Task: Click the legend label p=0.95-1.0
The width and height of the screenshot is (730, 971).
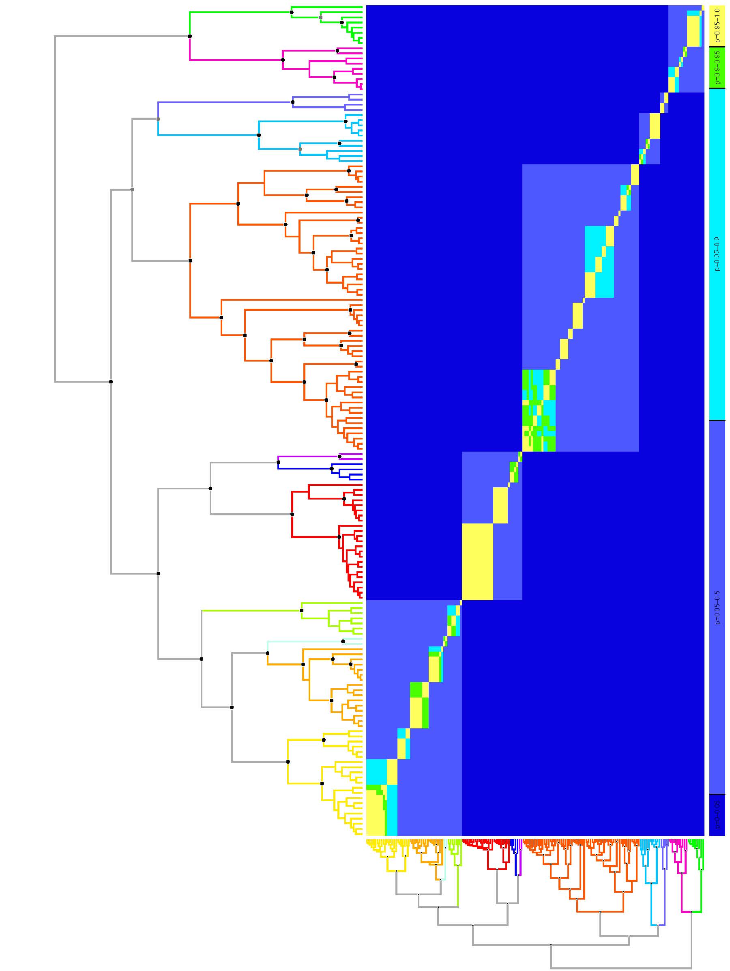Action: pyautogui.click(x=717, y=26)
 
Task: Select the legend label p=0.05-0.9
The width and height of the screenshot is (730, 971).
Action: pyautogui.click(x=717, y=254)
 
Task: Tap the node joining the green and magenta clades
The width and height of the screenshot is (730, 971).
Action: pyautogui.click(x=189, y=36)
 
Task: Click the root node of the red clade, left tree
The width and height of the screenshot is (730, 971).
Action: pyautogui.click(x=292, y=514)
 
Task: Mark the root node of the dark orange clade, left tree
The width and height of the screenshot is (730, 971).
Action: pyautogui.click(x=190, y=261)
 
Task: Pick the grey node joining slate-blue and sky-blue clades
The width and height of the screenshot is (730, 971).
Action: pyautogui.click(x=158, y=119)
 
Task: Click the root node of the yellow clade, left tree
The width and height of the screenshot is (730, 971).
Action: pyautogui.click(x=288, y=761)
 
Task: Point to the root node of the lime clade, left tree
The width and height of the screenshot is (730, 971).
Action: pyautogui.click(x=302, y=611)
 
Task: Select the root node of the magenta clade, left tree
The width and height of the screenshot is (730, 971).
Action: pyautogui.click(x=283, y=60)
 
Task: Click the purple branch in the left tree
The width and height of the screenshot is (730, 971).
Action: pyautogui.click(x=307, y=457)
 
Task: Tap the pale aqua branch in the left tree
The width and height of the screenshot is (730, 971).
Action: pyautogui.click(x=307, y=642)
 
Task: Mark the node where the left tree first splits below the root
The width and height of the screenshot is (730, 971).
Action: pyautogui.click(x=111, y=381)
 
